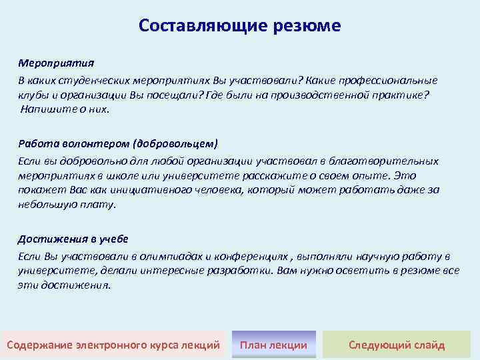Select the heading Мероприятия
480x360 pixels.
click(x=56, y=64)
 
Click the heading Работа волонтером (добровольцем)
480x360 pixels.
click(x=118, y=143)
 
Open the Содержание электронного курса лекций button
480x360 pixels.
click(x=113, y=345)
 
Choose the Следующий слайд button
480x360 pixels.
click(x=397, y=345)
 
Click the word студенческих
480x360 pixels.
click(x=93, y=80)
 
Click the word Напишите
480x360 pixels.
click(x=43, y=109)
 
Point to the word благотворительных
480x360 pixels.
click(x=389, y=161)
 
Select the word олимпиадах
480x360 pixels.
click(x=173, y=256)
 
